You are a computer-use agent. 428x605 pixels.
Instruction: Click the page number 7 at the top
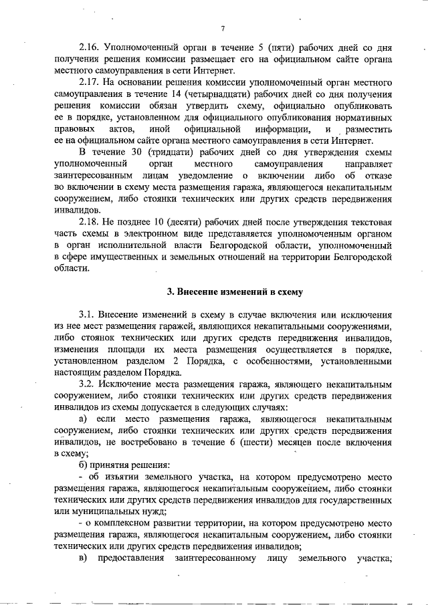(x=224, y=29)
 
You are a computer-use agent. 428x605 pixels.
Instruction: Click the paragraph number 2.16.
(x=90, y=49)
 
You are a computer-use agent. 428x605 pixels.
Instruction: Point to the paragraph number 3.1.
(x=88, y=315)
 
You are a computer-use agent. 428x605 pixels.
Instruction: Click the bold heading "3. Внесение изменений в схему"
(x=234, y=291)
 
